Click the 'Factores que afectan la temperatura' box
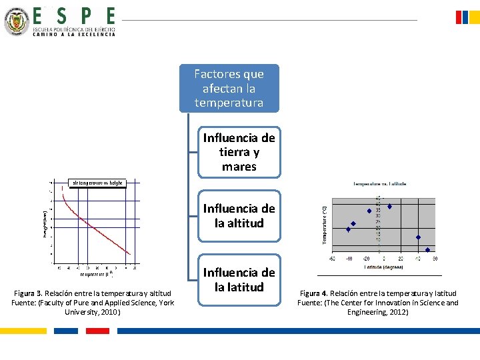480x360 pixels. coord(229,88)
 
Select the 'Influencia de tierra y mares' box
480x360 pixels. coord(239,152)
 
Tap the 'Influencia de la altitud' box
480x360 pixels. coord(239,215)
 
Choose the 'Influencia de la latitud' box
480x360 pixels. coord(239,279)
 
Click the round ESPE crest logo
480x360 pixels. coord(16,21)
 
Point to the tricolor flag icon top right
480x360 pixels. coord(467,17)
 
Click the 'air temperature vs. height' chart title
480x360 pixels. coord(97,183)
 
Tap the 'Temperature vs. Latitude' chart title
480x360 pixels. coord(379,184)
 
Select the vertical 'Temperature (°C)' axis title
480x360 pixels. coord(325,224)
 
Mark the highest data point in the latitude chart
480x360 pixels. coord(389,207)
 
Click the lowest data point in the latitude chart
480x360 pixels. coord(427,250)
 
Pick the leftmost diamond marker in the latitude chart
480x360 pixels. coord(348,229)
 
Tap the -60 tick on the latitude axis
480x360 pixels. coord(331,259)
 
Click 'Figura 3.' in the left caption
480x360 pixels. coord(29,293)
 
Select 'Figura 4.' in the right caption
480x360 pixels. coord(314,293)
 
